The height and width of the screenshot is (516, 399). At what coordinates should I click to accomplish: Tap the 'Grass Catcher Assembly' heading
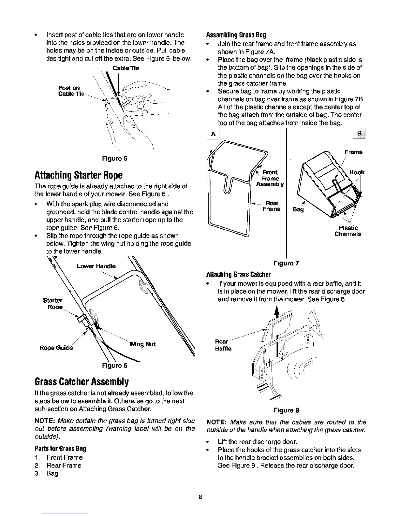[80, 381]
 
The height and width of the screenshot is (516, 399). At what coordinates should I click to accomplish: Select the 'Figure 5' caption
[114, 159]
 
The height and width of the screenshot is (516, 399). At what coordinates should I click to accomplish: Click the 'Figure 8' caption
[287, 410]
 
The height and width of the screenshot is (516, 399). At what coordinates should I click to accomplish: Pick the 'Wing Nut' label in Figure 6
[142, 344]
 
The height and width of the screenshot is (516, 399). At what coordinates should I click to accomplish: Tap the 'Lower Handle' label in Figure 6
[96, 266]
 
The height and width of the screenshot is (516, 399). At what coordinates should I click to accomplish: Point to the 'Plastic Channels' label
[347, 231]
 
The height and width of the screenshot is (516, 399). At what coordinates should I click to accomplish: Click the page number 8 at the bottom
[201, 497]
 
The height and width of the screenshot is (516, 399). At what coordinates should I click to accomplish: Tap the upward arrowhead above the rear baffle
[277, 312]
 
